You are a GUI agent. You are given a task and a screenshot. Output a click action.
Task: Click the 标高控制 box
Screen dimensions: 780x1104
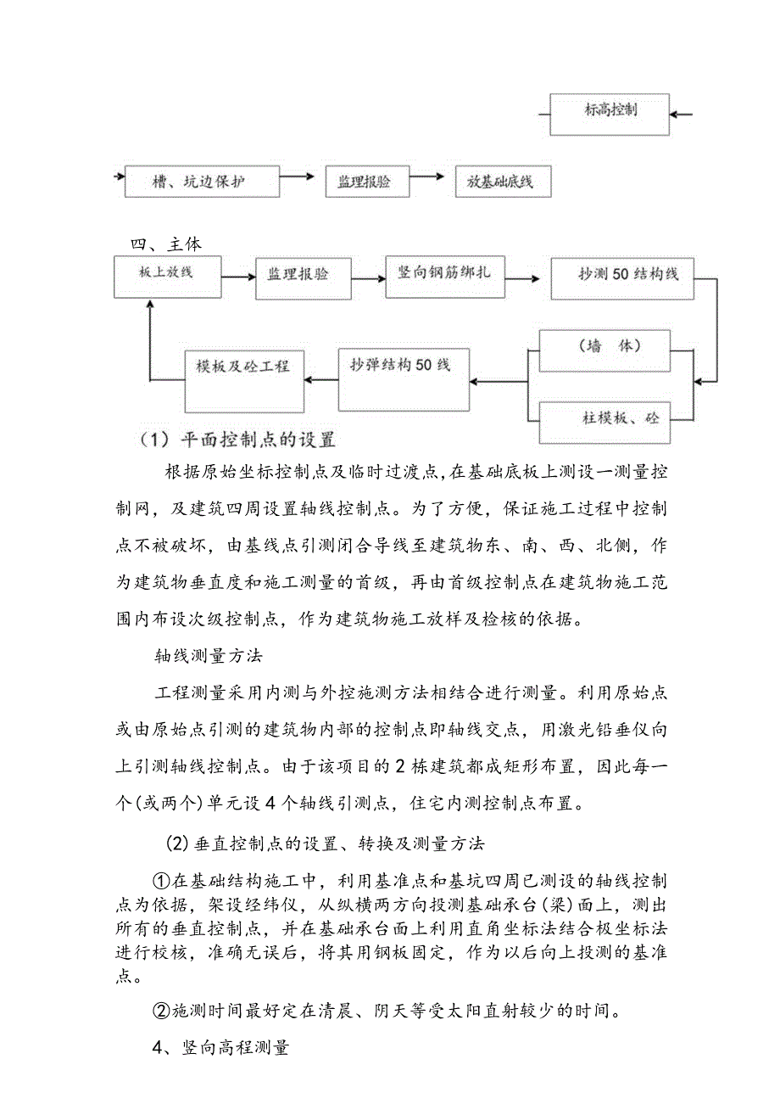coord(610,114)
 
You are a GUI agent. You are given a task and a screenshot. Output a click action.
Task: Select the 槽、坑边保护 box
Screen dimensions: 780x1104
coord(202,182)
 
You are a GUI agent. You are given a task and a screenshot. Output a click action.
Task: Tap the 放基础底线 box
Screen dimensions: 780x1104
coord(503,182)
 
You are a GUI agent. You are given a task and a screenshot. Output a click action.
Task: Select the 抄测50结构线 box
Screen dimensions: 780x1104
coord(622,277)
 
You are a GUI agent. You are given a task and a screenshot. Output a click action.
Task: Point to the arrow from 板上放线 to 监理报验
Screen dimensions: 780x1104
coord(238,277)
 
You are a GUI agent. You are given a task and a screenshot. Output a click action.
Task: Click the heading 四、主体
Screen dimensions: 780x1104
coord(166,244)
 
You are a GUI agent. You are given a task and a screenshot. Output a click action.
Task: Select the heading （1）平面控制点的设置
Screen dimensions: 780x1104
coord(238,440)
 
